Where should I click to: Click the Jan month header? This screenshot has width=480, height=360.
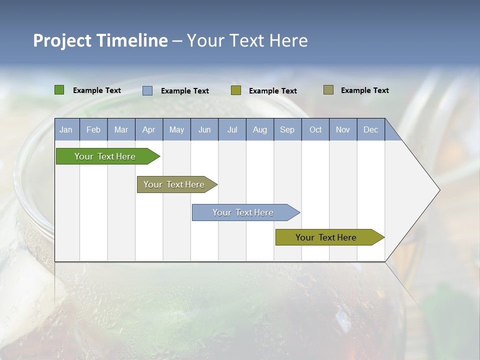point(66,129)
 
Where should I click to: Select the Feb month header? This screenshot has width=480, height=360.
point(93,129)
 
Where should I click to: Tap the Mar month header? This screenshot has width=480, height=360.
point(121,129)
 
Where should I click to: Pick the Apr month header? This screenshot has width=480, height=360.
point(149,129)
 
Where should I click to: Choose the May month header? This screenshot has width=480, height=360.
point(176,129)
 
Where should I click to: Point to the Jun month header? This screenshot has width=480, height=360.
point(204,129)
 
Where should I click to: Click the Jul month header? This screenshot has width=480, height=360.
point(232,129)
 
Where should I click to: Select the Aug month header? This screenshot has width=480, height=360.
point(260,129)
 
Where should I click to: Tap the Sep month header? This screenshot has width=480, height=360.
point(287,129)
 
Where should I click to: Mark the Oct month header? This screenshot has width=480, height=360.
point(315,129)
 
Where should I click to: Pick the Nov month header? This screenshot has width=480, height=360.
point(343,129)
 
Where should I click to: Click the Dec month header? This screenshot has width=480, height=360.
point(371,129)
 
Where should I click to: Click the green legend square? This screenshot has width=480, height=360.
point(59,90)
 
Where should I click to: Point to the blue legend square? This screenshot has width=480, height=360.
point(147,90)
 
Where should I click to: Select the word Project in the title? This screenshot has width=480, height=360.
point(62,40)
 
